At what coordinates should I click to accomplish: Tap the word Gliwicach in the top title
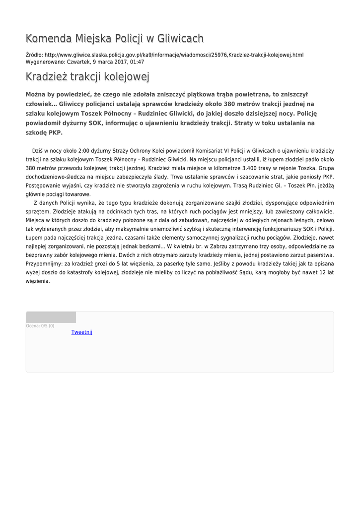tap(180, 38)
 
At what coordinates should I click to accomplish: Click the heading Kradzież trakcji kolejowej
tap(87, 77)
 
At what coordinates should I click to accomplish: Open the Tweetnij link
tap(82, 332)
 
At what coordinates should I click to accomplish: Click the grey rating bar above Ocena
tap(51, 317)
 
